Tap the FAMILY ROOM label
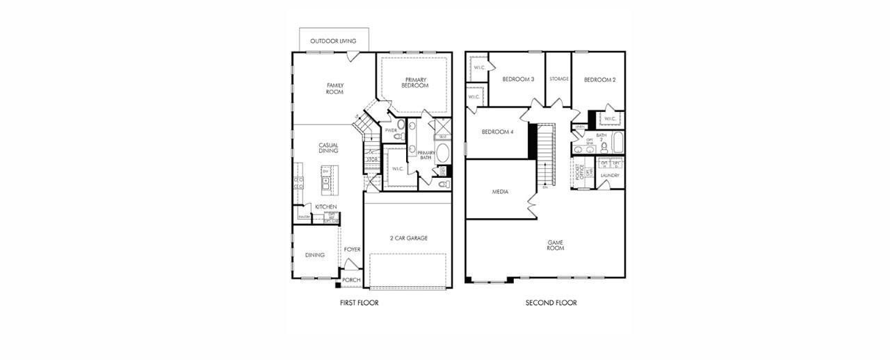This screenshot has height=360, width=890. (335, 89)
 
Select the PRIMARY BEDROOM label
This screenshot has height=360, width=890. (415, 82)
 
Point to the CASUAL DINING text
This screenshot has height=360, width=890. (328, 148)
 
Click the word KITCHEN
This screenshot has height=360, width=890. (325, 207)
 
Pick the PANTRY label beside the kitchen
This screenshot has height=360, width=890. (304, 218)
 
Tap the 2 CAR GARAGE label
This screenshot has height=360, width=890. (408, 238)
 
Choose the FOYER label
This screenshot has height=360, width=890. (352, 249)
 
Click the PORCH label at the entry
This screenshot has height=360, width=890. (351, 280)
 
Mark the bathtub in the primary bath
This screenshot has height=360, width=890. (444, 152)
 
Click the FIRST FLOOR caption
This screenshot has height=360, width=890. (359, 303)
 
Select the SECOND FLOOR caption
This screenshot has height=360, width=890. (551, 303)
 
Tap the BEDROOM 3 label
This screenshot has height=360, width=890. (518, 79)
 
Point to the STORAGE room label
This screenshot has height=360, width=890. (559, 79)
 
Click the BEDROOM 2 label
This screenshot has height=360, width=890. (599, 80)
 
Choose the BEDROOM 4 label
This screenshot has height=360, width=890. (497, 132)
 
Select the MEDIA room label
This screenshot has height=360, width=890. (500, 192)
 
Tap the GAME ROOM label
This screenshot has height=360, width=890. (555, 245)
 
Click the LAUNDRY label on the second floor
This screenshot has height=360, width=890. (610, 176)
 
